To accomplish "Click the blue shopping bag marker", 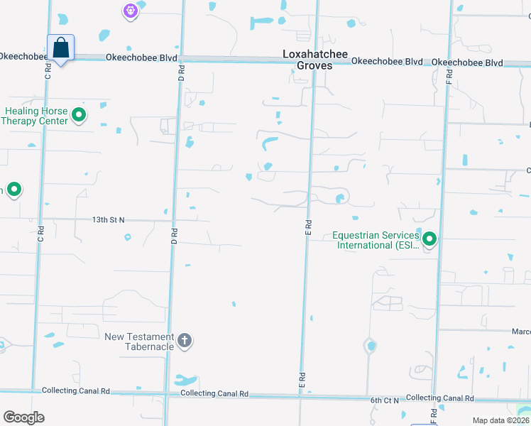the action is [x=61, y=48].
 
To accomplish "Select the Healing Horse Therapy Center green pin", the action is [x=79, y=115].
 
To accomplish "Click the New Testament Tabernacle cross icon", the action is [x=184, y=341].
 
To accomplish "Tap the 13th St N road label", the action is [x=108, y=220].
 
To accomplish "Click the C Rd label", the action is [x=48, y=73].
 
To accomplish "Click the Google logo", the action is [x=23, y=417].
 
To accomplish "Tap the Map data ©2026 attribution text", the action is [x=500, y=420].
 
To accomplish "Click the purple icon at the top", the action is [x=129, y=11].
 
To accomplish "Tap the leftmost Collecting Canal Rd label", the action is [x=76, y=390].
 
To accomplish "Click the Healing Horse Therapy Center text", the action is [x=37, y=116].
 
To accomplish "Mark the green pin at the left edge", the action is [x=13, y=190].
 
